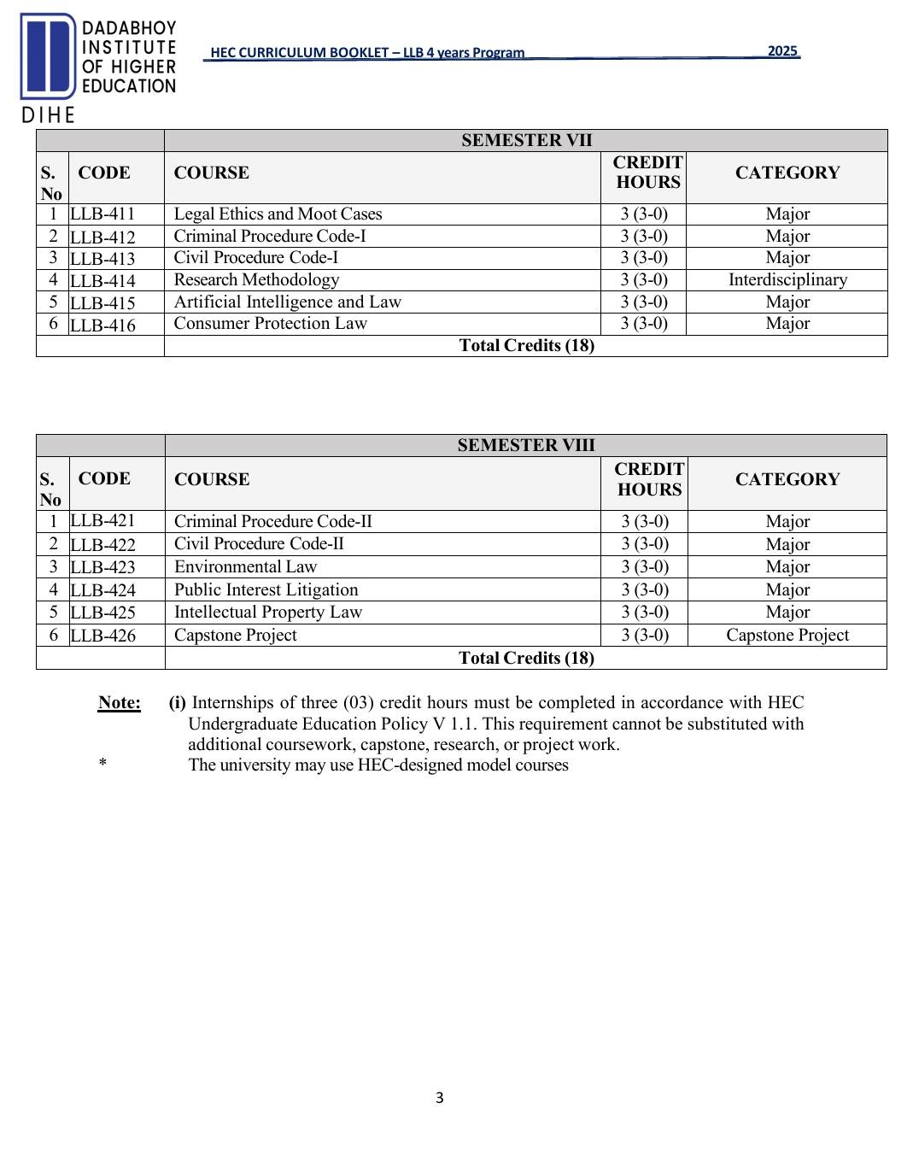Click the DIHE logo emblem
[x=49, y=56]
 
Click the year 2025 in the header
[x=782, y=51]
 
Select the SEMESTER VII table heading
[x=526, y=140]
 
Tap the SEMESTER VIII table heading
[x=526, y=445]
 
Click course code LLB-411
[x=102, y=214]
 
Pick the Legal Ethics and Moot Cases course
[x=278, y=214]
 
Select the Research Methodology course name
[x=256, y=280]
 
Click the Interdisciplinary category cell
[x=787, y=280]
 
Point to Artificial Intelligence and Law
[x=287, y=302]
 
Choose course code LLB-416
[x=102, y=325]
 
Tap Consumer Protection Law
[x=270, y=324]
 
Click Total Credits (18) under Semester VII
[x=526, y=346]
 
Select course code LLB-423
[x=102, y=567]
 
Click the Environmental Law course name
[x=245, y=567]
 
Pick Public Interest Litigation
[x=266, y=590]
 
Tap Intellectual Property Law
[x=268, y=613]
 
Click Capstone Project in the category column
[x=787, y=636]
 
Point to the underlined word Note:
[x=120, y=703]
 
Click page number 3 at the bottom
[x=440, y=1098]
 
